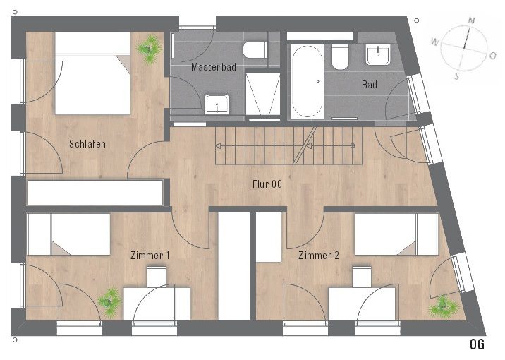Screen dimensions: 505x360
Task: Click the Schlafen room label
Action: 87,144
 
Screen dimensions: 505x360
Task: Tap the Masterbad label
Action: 214,67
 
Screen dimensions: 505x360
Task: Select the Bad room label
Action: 370,85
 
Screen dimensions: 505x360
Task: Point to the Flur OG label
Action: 267,184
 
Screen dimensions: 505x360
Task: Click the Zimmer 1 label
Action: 150,256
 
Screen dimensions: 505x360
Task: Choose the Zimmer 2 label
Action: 319,256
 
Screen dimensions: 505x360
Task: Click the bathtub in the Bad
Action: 307,82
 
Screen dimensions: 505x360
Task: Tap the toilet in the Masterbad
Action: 255,49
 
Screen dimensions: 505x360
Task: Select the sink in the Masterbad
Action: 217,104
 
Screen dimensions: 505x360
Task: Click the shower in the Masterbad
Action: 263,95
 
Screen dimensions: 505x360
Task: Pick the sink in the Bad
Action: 378,54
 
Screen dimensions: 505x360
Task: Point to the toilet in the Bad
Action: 341,57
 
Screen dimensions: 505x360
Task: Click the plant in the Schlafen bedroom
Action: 149,49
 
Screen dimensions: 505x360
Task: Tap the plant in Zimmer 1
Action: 109,302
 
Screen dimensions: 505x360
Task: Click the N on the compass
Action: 471,21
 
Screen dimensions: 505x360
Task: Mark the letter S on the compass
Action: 457,76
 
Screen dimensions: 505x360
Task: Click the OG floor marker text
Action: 477,344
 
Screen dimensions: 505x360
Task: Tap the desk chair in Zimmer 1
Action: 157,276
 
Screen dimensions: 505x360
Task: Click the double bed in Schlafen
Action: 92,73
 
